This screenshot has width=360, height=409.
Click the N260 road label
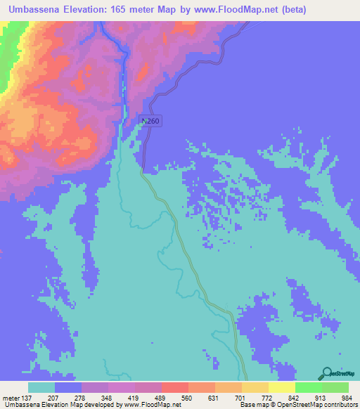pyautogui.click(x=150, y=122)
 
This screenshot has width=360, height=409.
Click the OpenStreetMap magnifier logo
pyautogui.click(x=326, y=375)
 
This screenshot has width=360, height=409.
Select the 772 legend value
pyautogui.click(x=266, y=398)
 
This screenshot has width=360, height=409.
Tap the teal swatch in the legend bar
pyautogui.click(x=41, y=387)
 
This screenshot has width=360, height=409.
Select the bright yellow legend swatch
pyautogui.click(x=282, y=387)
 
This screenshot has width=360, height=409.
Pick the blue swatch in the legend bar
pyautogui.click(x=68, y=387)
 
